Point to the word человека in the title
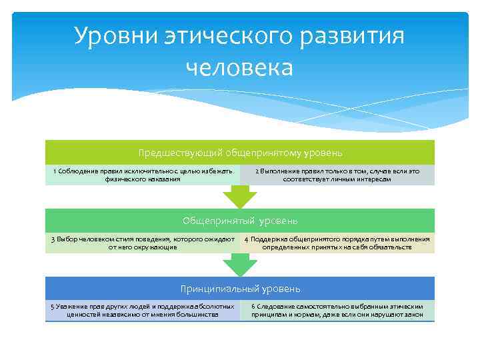pyautogui.click(x=239, y=67)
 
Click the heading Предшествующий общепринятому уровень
pyautogui.click(x=240, y=153)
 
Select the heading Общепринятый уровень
pyautogui.click(x=240, y=221)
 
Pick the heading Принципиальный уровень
pyautogui.click(x=240, y=289)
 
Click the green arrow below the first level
pyautogui.click(x=239, y=197)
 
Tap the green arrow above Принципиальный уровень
pyautogui.click(x=239, y=265)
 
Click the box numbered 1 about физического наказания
pyautogui.click(x=142, y=175)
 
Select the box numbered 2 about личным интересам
pyautogui.click(x=337, y=175)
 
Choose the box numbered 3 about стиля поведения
pyautogui.click(x=142, y=243)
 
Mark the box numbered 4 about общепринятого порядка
pyautogui.click(x=337, y=243)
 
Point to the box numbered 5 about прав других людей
pyautogui.click(x=142, y=311)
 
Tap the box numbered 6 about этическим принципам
pyautogui.click(x=337, y=311)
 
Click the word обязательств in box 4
pyautogui.click(x=390, y=247)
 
